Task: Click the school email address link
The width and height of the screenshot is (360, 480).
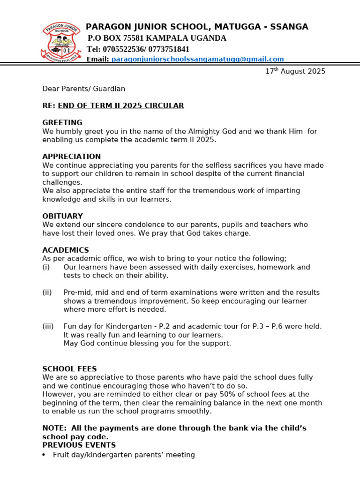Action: (x=197, y=59)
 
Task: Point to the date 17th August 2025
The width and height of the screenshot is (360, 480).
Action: (x=295, y=71)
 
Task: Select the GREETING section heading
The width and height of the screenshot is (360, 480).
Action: (x=62, y=123)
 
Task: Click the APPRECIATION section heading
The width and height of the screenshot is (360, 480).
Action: (x=71, y=157)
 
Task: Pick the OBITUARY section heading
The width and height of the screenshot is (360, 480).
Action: (x=62, y=216)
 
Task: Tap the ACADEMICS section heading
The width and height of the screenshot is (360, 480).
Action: (x=65, y=250)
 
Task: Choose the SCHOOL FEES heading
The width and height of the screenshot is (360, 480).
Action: (x=69, y=369)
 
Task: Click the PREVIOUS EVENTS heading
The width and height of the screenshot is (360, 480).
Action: (x=79, y=445)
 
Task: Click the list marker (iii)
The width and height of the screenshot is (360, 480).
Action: (x=48, y=326)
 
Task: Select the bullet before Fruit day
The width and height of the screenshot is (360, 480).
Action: (x=44, y=455)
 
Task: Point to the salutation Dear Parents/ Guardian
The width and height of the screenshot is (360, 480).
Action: (x=83, y=89)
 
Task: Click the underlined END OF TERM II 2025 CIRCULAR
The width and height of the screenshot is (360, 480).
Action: (x=120, y=106)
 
